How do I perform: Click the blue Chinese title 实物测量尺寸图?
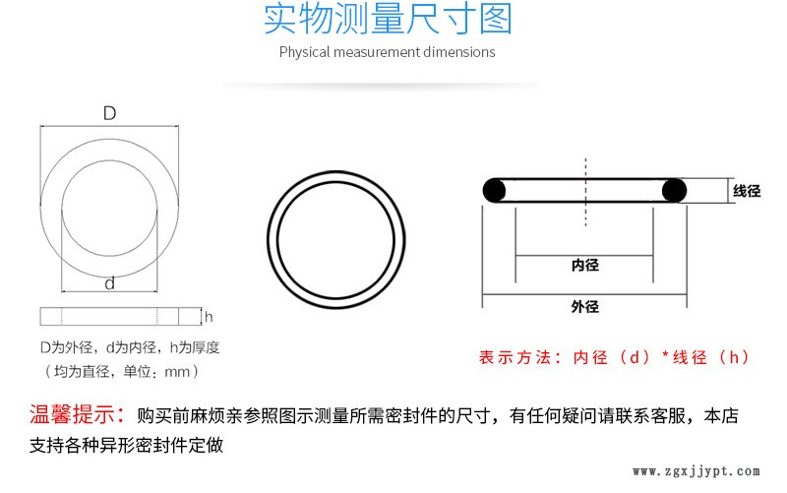click(388, 20)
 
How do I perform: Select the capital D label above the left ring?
click(109, 113)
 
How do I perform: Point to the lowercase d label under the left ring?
click(109, 283)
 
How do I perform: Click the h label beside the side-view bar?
click(209, 317)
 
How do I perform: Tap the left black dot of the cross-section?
click(495, 191)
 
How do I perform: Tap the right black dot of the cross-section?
click(674, 191)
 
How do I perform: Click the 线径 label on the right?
click(747, 191)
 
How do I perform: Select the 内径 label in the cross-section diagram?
click(585, 265)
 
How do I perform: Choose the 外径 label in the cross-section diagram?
click(585, 306)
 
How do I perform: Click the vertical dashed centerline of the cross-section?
click(585, 192)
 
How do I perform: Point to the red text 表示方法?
click(515, 357)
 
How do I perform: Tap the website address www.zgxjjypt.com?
click(696, 471)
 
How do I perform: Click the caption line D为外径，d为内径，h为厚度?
click(130, 347)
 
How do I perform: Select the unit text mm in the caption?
click(177, 372)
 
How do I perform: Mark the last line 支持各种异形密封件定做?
click(127, 445)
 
